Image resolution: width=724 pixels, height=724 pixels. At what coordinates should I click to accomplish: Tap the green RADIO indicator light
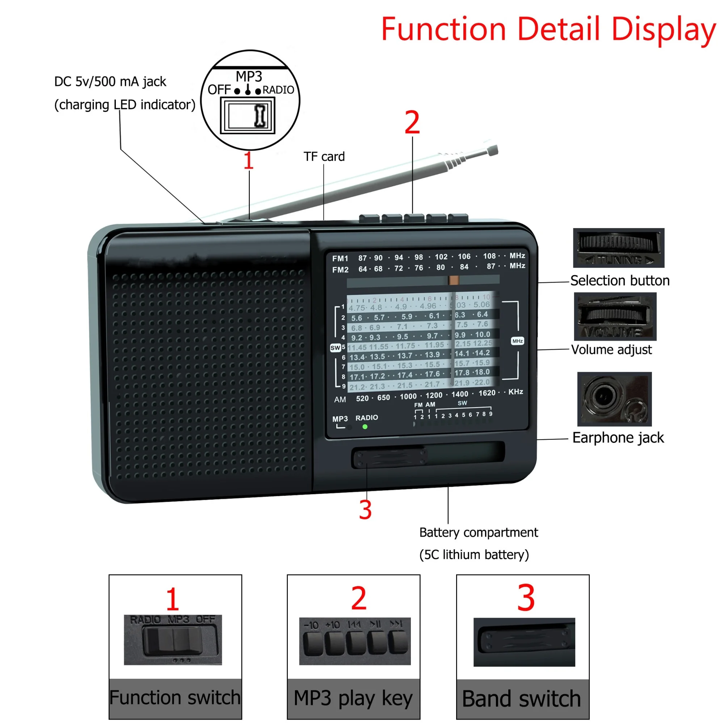(x=365, y=426)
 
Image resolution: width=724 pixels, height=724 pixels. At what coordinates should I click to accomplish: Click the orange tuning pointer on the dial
(x=454, y=280)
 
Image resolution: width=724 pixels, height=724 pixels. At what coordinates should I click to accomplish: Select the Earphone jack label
(x=618, y=438)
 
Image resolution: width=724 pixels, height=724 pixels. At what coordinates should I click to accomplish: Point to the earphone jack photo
(x=614, y=399)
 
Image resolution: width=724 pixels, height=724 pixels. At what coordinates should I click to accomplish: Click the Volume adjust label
(x=611, y=350)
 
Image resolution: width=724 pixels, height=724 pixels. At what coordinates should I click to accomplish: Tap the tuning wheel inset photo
(x=618, y=248)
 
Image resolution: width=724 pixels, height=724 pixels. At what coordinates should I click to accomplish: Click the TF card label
(x=324, y=157)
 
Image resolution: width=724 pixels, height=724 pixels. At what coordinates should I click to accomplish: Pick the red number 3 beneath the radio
(x=365, y=510)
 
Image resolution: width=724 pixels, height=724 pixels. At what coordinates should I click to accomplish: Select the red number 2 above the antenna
(x=412, y=123)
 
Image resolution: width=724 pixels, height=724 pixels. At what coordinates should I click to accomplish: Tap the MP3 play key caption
(x=353, y=699)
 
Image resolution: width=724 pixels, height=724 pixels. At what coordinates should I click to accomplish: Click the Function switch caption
(x=175, y=698)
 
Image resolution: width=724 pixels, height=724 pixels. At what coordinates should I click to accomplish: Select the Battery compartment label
(x=479, y=532)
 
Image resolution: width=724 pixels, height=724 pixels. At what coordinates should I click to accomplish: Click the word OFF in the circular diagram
(x=219, y=90)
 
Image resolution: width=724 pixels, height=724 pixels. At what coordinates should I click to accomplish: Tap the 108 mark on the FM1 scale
(x=489, y=256)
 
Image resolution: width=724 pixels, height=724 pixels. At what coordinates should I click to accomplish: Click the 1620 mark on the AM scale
(x=487, y=393)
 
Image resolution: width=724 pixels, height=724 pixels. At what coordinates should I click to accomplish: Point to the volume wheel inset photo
(x=615, y=316)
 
